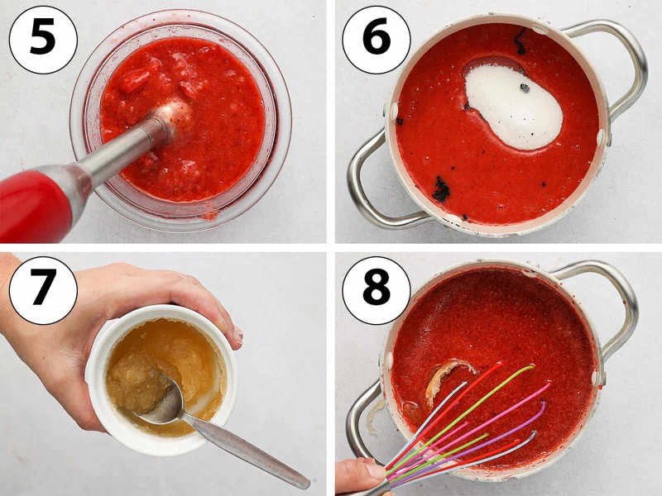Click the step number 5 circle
coord(43,40)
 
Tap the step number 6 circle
coord(377,40)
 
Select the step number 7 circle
coord(43,290)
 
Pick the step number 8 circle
coord(377,290)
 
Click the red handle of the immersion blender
coord(36,203)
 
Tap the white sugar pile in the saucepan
coord(513,107)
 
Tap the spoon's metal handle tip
coord(303,482)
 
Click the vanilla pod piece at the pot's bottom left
coord(442,189)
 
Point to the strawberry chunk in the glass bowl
coord(134,79)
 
